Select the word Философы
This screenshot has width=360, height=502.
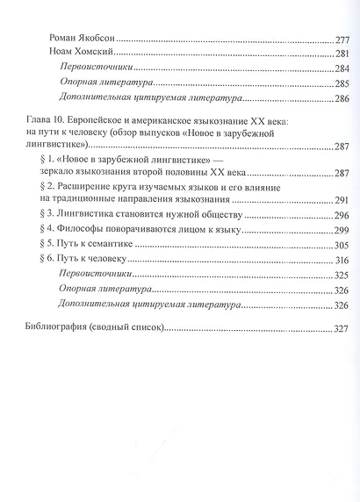(93, 229)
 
